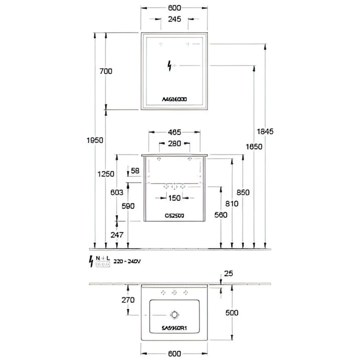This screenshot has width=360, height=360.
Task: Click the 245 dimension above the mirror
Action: [x=174, y=19]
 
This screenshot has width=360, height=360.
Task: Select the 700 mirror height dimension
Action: [x=106, y=71]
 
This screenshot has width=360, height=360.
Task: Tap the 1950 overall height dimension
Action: [x=94, y=140]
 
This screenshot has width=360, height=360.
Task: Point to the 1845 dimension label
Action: [x=265, y=131]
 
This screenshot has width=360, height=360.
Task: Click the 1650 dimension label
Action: [x=254, y=147]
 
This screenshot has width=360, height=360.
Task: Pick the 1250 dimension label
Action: [x=106, y=174]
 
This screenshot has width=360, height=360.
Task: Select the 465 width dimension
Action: [x=174, y=132]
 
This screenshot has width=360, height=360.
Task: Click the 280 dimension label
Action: [x=174, y=143]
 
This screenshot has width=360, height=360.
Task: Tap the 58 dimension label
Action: [x=135, y=171]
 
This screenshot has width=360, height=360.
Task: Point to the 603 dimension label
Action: [x=117, y=193]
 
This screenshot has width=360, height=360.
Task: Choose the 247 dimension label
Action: [x=117, y=235]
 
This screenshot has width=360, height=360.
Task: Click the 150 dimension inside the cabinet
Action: [x=174, y=198]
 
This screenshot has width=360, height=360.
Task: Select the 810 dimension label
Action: [x=232, y=204]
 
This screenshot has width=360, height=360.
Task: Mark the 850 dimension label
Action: [x=243, y=192]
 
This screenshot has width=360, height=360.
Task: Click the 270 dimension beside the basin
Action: [x=128, y=300]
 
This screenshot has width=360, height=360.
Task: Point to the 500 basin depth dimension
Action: [x=232, y=313]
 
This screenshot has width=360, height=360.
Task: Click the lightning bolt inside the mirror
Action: [x=170, y=65]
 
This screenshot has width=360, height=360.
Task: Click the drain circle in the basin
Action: [x=174, y=315]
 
